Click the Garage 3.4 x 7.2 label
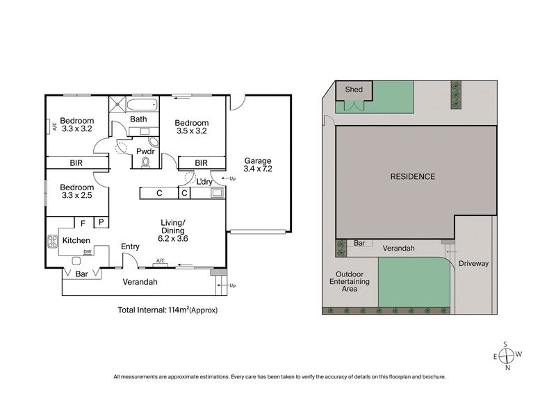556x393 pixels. (x=257, y=164)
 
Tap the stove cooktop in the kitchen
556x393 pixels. (x=52, y=242)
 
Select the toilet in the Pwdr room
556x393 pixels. (x=145, y=162)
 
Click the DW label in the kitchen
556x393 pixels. (x=88, y=252)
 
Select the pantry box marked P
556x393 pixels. (x=101, y=223)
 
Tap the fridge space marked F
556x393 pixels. (x=83, y=223)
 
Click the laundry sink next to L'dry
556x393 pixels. (x=217, y=193)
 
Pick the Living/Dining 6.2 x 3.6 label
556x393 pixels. (x=174, y=230)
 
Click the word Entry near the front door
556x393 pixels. (x=130, y=246)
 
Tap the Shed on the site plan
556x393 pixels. (x=354, y=90)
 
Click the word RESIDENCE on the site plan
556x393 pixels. (x=412, y=176)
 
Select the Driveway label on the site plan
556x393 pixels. (x=473, y=264)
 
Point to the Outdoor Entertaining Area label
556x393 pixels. (x=350, y=281)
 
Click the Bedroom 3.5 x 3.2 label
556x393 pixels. (x=191, y=125)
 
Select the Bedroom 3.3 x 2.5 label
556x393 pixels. (x=76, y=192)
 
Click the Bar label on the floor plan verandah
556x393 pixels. (x=82, y=274)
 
